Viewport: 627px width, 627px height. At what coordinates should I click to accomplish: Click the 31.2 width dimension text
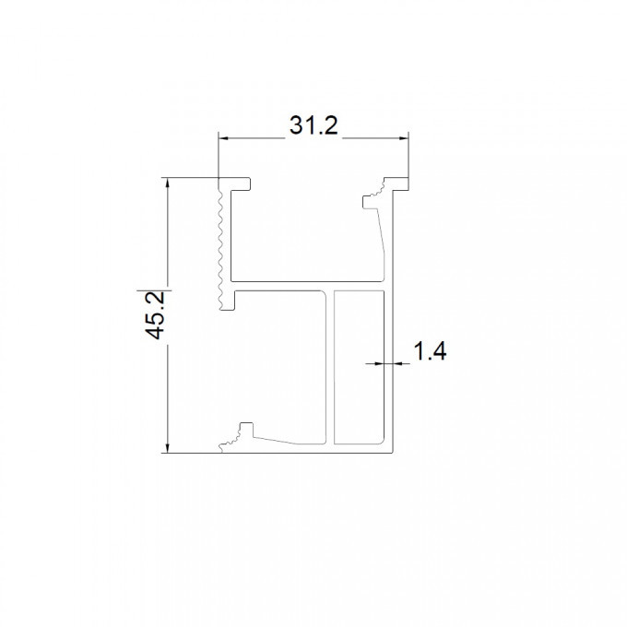313,125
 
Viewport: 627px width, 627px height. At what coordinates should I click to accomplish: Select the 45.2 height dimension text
155,315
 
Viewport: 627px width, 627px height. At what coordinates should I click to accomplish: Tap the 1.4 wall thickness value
430,351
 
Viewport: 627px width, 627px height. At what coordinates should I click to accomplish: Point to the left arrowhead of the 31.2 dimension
223,138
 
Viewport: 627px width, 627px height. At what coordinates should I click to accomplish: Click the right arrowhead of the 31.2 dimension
404,138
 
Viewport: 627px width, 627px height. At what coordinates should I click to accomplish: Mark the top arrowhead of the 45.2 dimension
168,182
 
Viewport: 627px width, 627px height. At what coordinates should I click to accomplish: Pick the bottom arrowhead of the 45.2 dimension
168,449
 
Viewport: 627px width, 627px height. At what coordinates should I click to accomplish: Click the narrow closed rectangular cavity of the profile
359,367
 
